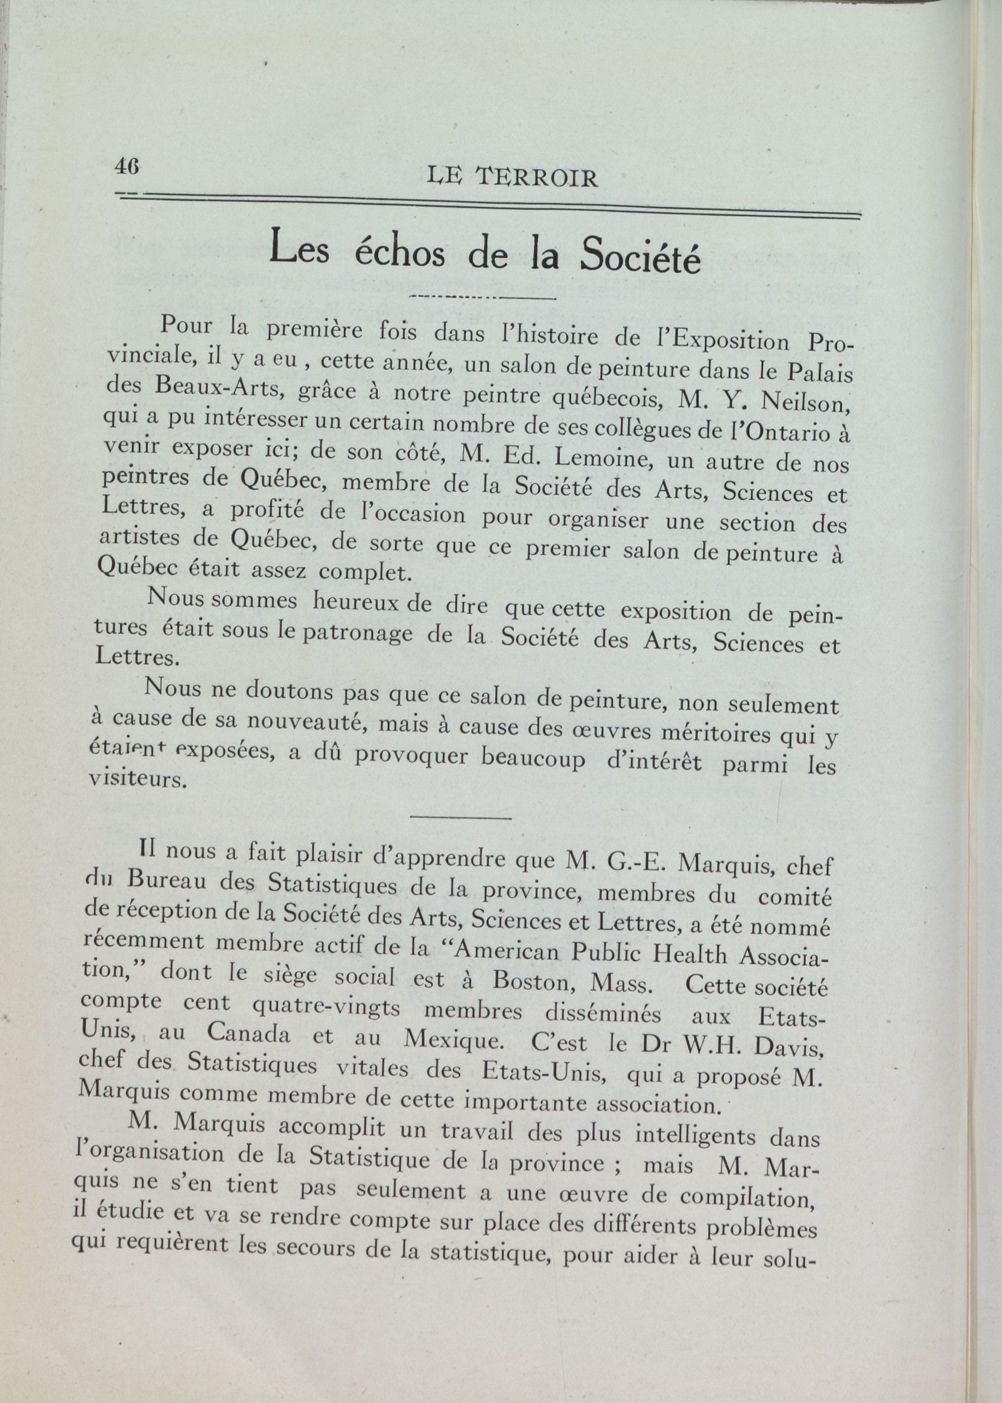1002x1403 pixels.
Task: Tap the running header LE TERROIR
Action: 512,179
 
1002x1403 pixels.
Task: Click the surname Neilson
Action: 808,402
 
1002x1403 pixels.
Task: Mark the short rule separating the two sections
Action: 461,819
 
